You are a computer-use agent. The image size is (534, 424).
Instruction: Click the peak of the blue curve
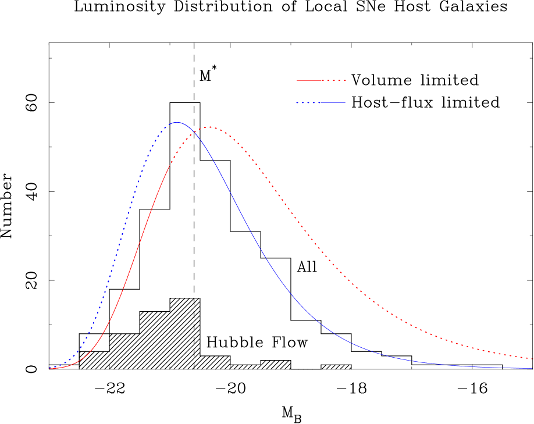point(177,122)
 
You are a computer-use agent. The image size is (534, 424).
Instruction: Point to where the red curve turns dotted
point(170,166)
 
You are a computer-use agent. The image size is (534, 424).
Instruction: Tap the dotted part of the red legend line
point(336,80)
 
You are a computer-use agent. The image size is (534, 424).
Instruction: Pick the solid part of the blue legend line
point(332,103)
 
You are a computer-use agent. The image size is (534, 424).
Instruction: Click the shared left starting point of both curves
point(50,368)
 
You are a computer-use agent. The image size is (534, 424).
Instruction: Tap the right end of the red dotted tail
point(533,358)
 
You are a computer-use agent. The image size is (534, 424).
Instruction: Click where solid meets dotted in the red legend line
point(323,80)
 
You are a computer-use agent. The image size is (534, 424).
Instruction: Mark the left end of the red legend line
point(297,80)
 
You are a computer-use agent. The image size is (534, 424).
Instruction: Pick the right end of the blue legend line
point(345,103)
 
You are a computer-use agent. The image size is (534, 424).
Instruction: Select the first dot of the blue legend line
point(297,103)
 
